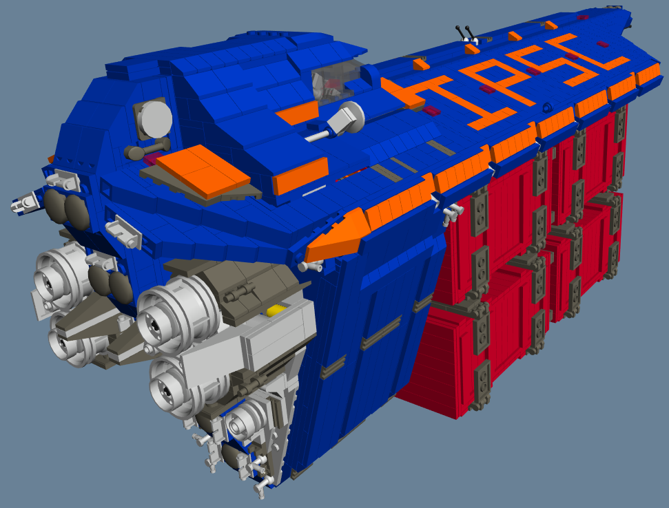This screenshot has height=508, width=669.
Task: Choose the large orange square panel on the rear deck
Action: (x=203, y=171)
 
